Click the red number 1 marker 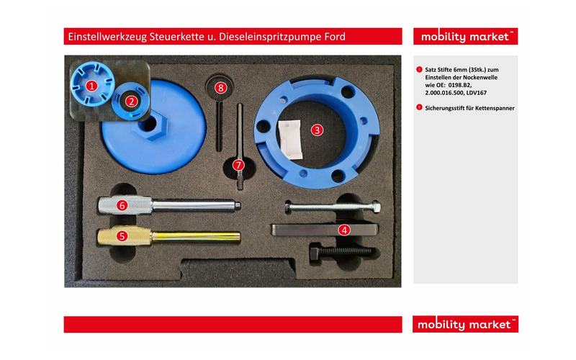point(91,86)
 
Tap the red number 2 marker point(131,102)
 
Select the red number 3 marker point(317,130)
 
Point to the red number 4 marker point(344,230)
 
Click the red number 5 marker point(122,236)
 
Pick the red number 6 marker point(122,205)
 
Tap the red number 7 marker point(238,165)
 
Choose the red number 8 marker point(220,87)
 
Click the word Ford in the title point(335,37)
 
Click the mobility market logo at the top point(465,37)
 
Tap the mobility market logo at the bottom point(465,324)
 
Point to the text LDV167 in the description point(476,93)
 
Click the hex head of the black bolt point(315,253)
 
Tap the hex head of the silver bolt point(376,206)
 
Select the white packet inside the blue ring point(291,140)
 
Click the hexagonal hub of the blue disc point(150,125)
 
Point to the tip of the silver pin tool point(239,205)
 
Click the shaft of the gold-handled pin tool point(196,236)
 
